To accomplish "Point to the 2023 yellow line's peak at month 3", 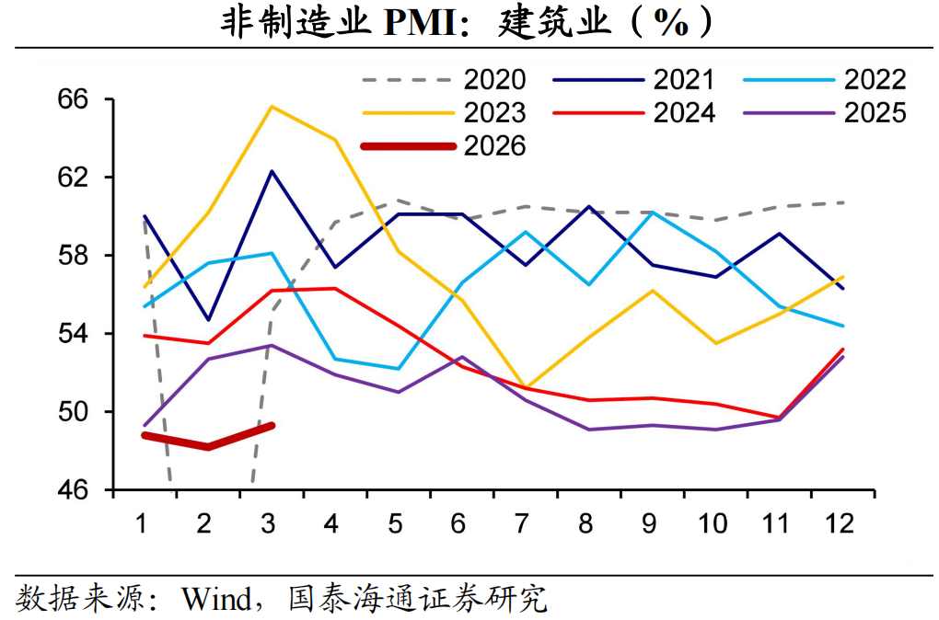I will tap(271, 106).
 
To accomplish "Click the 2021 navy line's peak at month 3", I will tap(271, 170).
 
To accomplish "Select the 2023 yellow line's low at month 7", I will tap(523, 387).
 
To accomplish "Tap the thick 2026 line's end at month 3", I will tap(272, 425).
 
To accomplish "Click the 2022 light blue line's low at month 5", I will tap(397, 369).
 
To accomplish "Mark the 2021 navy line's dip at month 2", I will tap(208, 320).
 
